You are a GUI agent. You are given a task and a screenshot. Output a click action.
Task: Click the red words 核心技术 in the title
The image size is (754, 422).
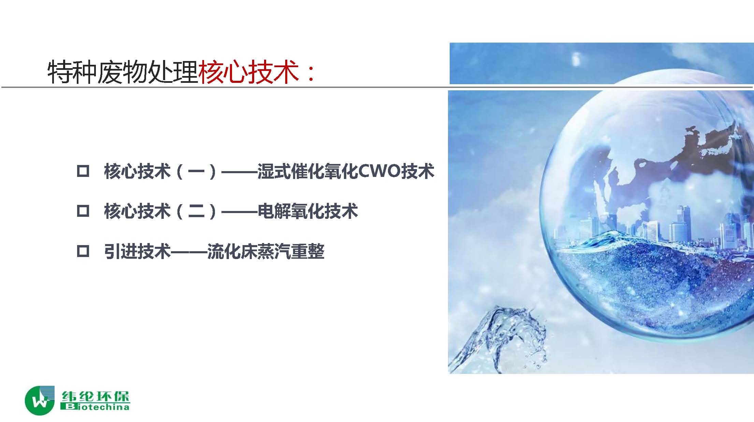tap(249, 72)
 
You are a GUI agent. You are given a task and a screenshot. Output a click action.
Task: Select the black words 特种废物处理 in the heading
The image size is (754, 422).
tap(123, 72)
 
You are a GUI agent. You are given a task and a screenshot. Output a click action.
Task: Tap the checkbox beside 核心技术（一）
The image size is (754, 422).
tap(83, 171)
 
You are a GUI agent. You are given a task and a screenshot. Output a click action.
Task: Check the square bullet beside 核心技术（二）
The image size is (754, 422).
tap(83, 211)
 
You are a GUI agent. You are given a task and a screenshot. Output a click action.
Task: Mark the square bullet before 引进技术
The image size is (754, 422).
tap(83, 252)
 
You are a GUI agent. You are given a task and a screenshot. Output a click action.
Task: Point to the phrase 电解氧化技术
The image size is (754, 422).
tap(308, 211)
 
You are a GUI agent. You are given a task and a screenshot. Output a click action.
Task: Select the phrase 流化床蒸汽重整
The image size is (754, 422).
tap(266, 252)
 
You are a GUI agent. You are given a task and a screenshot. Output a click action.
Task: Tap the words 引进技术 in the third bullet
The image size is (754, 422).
tap(137, 252)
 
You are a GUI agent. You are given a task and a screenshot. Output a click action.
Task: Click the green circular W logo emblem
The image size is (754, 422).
tap(40, 401)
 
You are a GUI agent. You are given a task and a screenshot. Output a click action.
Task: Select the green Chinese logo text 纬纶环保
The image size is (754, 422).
tap(96, 396)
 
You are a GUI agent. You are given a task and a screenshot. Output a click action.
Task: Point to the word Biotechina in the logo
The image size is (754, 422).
tap(95, 407)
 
